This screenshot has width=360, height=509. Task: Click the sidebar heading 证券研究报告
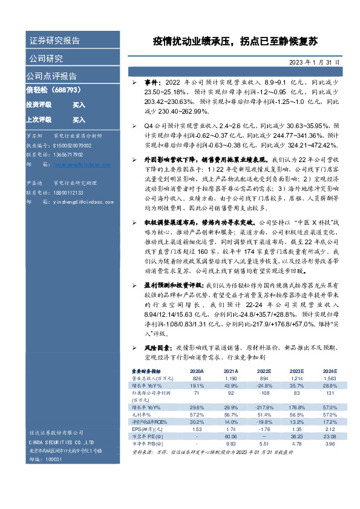click(54, 41)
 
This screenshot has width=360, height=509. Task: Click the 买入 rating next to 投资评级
click(79, 105)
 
